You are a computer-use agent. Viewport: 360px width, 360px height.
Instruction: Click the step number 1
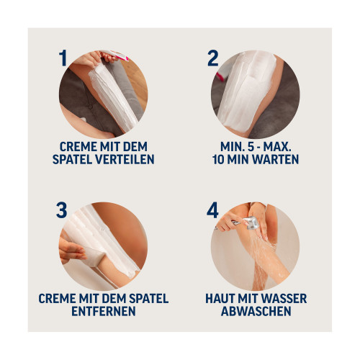pyautogui.click(x=63, y=58)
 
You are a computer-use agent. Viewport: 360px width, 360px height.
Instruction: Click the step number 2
pyautogui.click(x=213, y=58)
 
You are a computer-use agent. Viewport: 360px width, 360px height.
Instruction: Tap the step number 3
pyautogui.click(x=62, y=210)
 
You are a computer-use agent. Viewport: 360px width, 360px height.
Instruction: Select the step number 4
pyautogui.click(x=212, y=210)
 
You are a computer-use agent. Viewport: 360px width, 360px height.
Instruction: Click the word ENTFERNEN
pyautogui.click(x=104, y=311)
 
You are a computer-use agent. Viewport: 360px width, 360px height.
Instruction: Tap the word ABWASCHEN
pyautogui.click(x=256, y=311)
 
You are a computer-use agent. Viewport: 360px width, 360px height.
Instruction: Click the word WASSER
pyautogui.click(x=284, y=299)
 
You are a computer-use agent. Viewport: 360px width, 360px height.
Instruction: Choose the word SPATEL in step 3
pyautogui.click(x=149, y=299)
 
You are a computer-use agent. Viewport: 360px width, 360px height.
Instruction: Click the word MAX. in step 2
pyautogui.click(x=277, y=146)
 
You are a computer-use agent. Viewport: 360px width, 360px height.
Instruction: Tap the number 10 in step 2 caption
pyautogui.click(x=218, y=159)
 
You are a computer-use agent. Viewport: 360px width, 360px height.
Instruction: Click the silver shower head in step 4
pyautogui.click(x=250, y=222)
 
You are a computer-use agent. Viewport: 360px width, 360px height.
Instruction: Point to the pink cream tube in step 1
pyautogui.click(x=117, y=55)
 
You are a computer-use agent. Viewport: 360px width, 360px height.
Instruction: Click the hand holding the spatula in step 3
pyautogui.click(x=71, y=250)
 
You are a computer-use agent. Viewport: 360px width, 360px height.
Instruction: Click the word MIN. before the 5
pyautogui.click(x=231, y=146)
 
